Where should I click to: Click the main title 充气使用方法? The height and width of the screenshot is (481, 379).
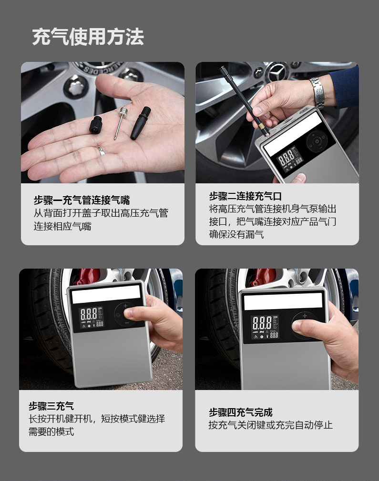(88, 37)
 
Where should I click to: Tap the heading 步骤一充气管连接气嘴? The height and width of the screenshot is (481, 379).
(82, 200)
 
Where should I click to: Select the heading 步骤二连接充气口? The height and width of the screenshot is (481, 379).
(245, 196)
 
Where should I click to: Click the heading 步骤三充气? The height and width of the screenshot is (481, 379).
(51, 406)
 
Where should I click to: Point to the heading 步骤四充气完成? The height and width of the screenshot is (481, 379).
(240, 412)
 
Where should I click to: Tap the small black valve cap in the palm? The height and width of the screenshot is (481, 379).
(96, 125)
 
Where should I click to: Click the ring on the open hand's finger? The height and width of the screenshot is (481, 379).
(102, 150)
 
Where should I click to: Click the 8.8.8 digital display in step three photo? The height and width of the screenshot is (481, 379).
(89, 314)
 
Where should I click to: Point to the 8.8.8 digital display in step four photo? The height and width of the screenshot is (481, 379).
(262, 323)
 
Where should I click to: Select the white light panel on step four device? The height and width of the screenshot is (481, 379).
(283, 301)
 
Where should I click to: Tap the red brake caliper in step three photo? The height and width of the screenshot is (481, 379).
(87, 276)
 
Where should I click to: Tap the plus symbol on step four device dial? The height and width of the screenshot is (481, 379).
(305, 316)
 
